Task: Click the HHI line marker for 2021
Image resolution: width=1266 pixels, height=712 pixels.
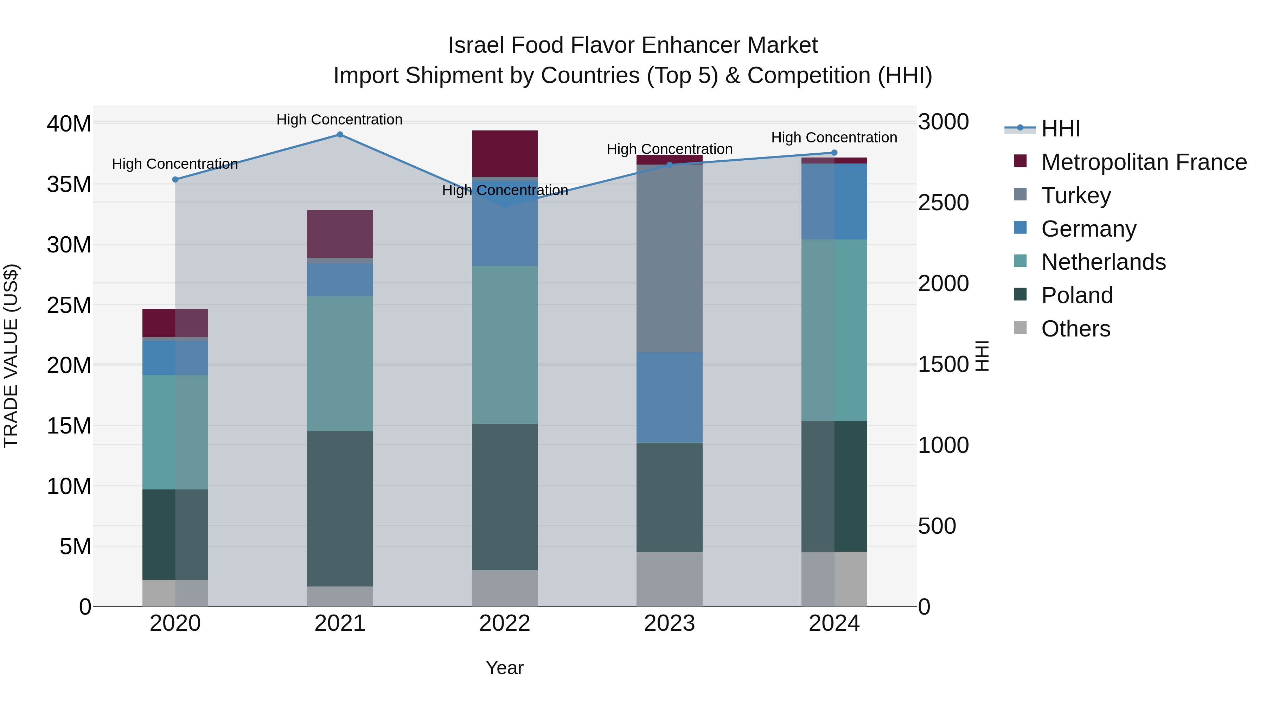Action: pos(340,135)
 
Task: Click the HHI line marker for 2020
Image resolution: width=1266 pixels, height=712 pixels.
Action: pos(175,179)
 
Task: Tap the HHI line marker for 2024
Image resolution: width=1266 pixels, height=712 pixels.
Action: pos(834,153)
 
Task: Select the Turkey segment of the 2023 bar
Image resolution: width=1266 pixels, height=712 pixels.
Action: pos(669,258)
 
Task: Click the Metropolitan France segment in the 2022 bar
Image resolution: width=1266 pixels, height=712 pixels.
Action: pos(505,153)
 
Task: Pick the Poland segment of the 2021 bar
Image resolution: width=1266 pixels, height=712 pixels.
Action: pos(340,508)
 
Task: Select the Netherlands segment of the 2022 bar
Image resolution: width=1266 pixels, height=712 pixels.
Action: pos(505,345)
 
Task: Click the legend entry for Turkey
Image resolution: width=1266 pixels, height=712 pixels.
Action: pos(1076,195)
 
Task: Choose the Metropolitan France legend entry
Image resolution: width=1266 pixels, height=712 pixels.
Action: pos(1144,162)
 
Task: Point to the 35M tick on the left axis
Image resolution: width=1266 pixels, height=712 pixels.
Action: pos(69,185)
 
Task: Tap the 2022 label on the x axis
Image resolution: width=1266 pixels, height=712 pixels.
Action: pos(505,623)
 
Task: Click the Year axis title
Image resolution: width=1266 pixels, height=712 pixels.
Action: pos(505,668)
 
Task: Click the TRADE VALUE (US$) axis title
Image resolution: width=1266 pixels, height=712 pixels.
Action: pos(11,356)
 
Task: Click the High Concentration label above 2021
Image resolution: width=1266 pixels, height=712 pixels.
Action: pos(340,120)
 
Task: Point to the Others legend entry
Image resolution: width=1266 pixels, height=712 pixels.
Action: pos(1075,329)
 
